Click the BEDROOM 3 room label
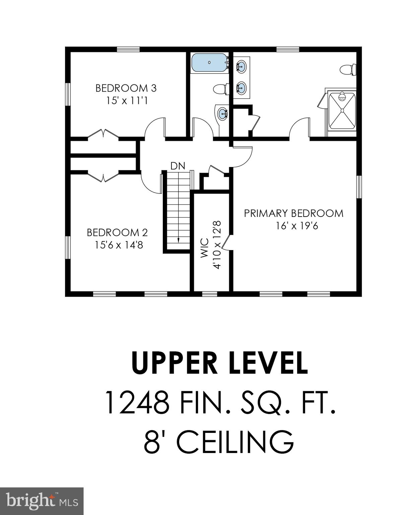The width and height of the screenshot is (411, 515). tap(126, 88)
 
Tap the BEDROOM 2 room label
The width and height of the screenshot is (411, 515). tap(117, 232)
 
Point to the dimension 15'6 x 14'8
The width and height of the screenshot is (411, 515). tap(119, 245)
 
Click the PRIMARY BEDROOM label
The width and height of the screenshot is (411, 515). tap(293, 213)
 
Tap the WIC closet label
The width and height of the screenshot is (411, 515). tap(204, 248)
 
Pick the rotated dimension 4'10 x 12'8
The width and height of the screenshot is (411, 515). tap(217, 244)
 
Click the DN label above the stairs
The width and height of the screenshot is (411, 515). tap(178, 166)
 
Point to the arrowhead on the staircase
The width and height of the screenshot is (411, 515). tap(178, 240)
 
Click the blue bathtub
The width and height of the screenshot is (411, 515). tap(209, 63)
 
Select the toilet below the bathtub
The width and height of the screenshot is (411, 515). tap(220, 89)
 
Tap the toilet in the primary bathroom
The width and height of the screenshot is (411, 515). tap(347, 70)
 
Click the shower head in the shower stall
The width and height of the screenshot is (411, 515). tap(342, 97)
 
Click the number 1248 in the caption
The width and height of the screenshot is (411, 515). tap(136, 403)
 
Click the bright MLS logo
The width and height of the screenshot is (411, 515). tap(42, 501)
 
